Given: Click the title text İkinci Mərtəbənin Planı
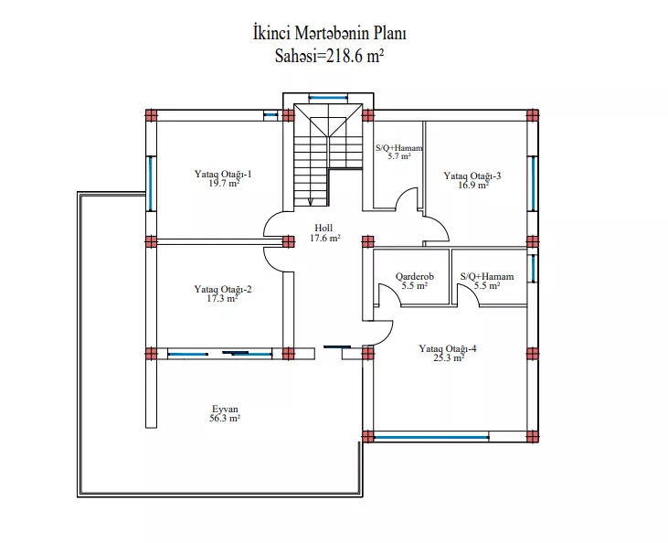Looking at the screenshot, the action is point(329,33).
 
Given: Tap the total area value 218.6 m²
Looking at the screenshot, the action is point(355,56).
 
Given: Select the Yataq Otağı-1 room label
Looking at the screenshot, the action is point(223,174).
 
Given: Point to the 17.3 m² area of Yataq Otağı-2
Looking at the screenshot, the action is point(222,298).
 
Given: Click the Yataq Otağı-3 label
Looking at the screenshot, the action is point(472,176).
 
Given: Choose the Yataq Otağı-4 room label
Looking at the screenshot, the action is point(448,348).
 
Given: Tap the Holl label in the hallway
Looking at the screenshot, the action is point(323,228).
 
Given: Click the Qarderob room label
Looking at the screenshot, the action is point(415,277).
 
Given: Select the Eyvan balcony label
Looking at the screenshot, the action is point(225,410).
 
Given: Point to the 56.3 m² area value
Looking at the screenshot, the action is point(225,419).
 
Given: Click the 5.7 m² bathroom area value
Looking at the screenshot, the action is point(399,156).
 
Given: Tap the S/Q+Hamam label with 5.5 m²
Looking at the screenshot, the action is point(487,277).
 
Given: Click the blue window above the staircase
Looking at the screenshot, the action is point(328,98).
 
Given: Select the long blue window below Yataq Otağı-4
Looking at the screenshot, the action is point(431,437).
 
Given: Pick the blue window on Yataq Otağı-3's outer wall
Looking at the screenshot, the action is point(533,184).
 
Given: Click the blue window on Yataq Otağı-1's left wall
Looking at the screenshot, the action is point(150,184).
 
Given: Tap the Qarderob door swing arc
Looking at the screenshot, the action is point(391,293).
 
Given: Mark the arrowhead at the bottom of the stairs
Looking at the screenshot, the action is point(310,202).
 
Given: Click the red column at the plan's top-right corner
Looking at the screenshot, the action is point(533,115).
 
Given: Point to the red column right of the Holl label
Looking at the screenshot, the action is point(368,241).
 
